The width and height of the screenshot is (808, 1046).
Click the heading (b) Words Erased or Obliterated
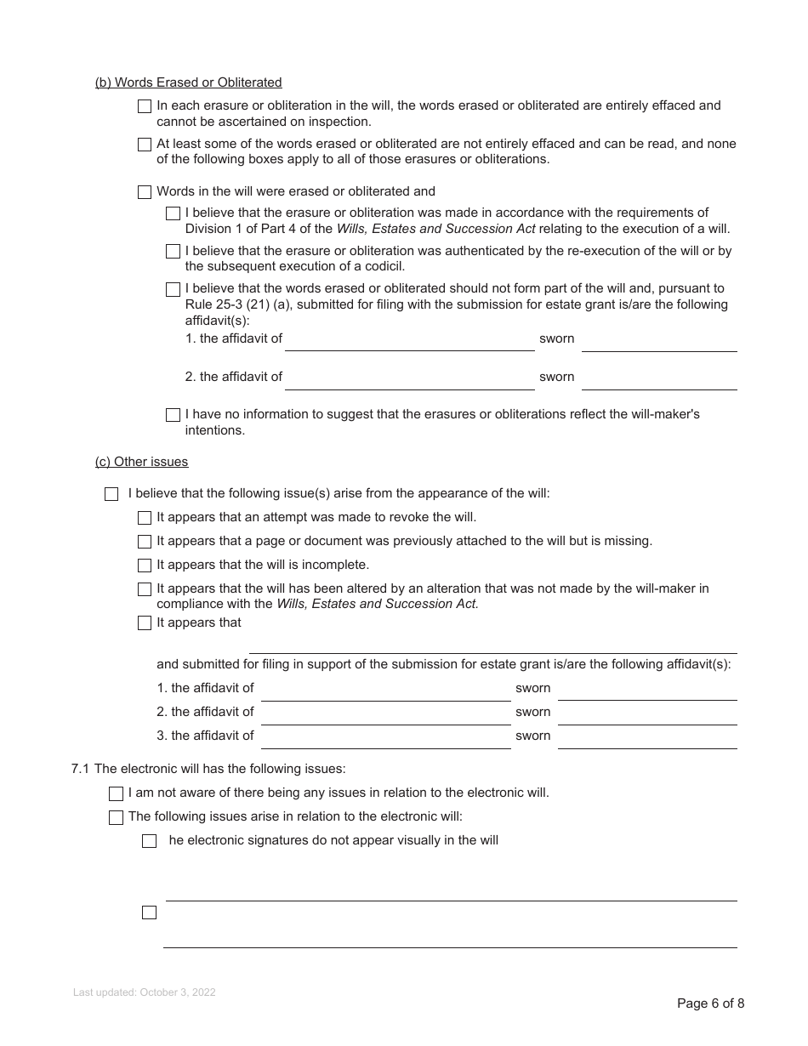tap(188, 82)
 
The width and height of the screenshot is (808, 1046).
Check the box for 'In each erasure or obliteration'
tap(145, 106)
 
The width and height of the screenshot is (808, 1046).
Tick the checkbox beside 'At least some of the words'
tap(145, 145)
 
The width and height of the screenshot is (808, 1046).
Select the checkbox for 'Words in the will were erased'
tap(145, 192)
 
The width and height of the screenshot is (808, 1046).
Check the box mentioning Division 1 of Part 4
tap(173, 213)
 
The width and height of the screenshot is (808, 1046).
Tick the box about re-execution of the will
tap(173, 252)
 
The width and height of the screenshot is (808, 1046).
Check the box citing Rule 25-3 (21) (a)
tap(173, 290)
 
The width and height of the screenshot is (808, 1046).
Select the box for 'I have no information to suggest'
tap(173, 415)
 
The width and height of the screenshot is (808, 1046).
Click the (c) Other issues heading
tap(141, 462)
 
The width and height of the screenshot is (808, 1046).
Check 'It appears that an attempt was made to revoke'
tap(145, 518)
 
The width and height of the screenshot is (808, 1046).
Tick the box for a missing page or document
tap(145, 542)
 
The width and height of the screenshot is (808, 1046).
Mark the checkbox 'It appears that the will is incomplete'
tap(145, 566)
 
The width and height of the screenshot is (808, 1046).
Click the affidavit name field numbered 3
tap(385, 736)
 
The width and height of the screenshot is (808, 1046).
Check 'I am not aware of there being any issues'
tap(117, 793)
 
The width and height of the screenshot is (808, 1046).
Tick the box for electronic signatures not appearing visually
tap(150, 841)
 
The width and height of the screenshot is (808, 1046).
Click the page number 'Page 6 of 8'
tap(710, 1003)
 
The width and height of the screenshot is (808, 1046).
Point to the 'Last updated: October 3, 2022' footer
tap(145, 992)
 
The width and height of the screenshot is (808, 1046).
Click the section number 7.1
tap(81, 769)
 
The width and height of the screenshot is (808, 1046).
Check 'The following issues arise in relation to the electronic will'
tap(117, 817)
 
